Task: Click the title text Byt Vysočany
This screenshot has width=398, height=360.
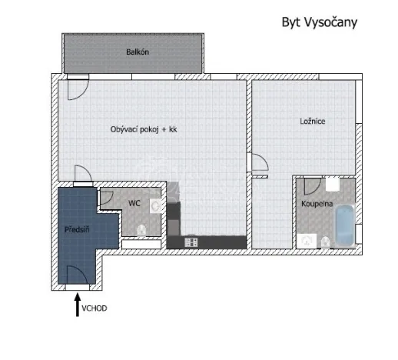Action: tap(319, 22)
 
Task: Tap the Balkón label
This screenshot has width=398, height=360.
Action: tap(137, 52)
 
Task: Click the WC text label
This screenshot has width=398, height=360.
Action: tap(134, 204)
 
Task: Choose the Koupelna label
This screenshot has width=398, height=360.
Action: tap(316, 204)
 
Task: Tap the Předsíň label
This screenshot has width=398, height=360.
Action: tap(75, 229)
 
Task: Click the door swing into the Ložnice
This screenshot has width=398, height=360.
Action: tap(260, 164)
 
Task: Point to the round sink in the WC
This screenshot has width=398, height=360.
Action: tap(156, 206)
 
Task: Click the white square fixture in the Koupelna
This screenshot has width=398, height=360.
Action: tap(333, 185)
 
